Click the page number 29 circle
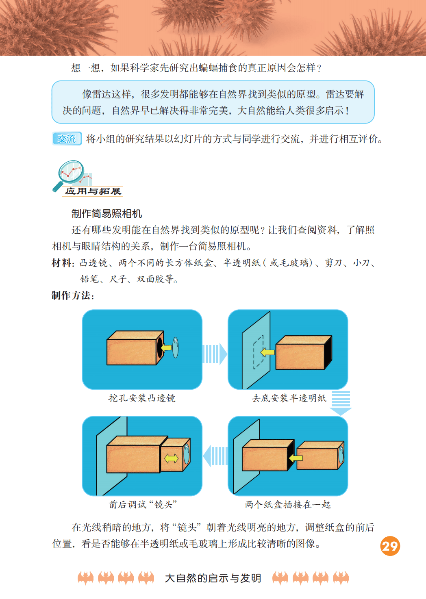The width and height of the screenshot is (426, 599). (390, 546)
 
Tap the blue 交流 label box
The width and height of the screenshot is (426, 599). (67, 139)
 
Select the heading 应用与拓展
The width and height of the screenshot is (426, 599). (93, 191)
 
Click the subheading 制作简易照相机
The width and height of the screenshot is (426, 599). (106, 214)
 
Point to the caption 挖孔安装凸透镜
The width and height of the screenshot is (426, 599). (142, 398)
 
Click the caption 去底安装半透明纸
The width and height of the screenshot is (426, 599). (289, 398)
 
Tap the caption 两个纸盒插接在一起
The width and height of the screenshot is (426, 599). (288, 505)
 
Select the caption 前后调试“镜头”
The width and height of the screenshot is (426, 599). (143, 505)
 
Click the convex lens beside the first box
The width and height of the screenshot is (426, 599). (176, 347)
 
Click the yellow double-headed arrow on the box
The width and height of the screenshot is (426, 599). (171, 459)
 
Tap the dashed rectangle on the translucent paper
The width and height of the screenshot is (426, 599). (259, 352)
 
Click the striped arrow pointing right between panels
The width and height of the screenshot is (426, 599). (215, 354)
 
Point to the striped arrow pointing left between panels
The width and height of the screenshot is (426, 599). (215, 456)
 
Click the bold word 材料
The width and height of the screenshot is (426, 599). (61, 263)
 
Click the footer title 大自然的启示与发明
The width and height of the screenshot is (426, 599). (213, 578)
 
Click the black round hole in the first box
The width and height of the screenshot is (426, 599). (160, 347)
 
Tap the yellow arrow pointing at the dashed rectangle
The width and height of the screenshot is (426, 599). (267, 352)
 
